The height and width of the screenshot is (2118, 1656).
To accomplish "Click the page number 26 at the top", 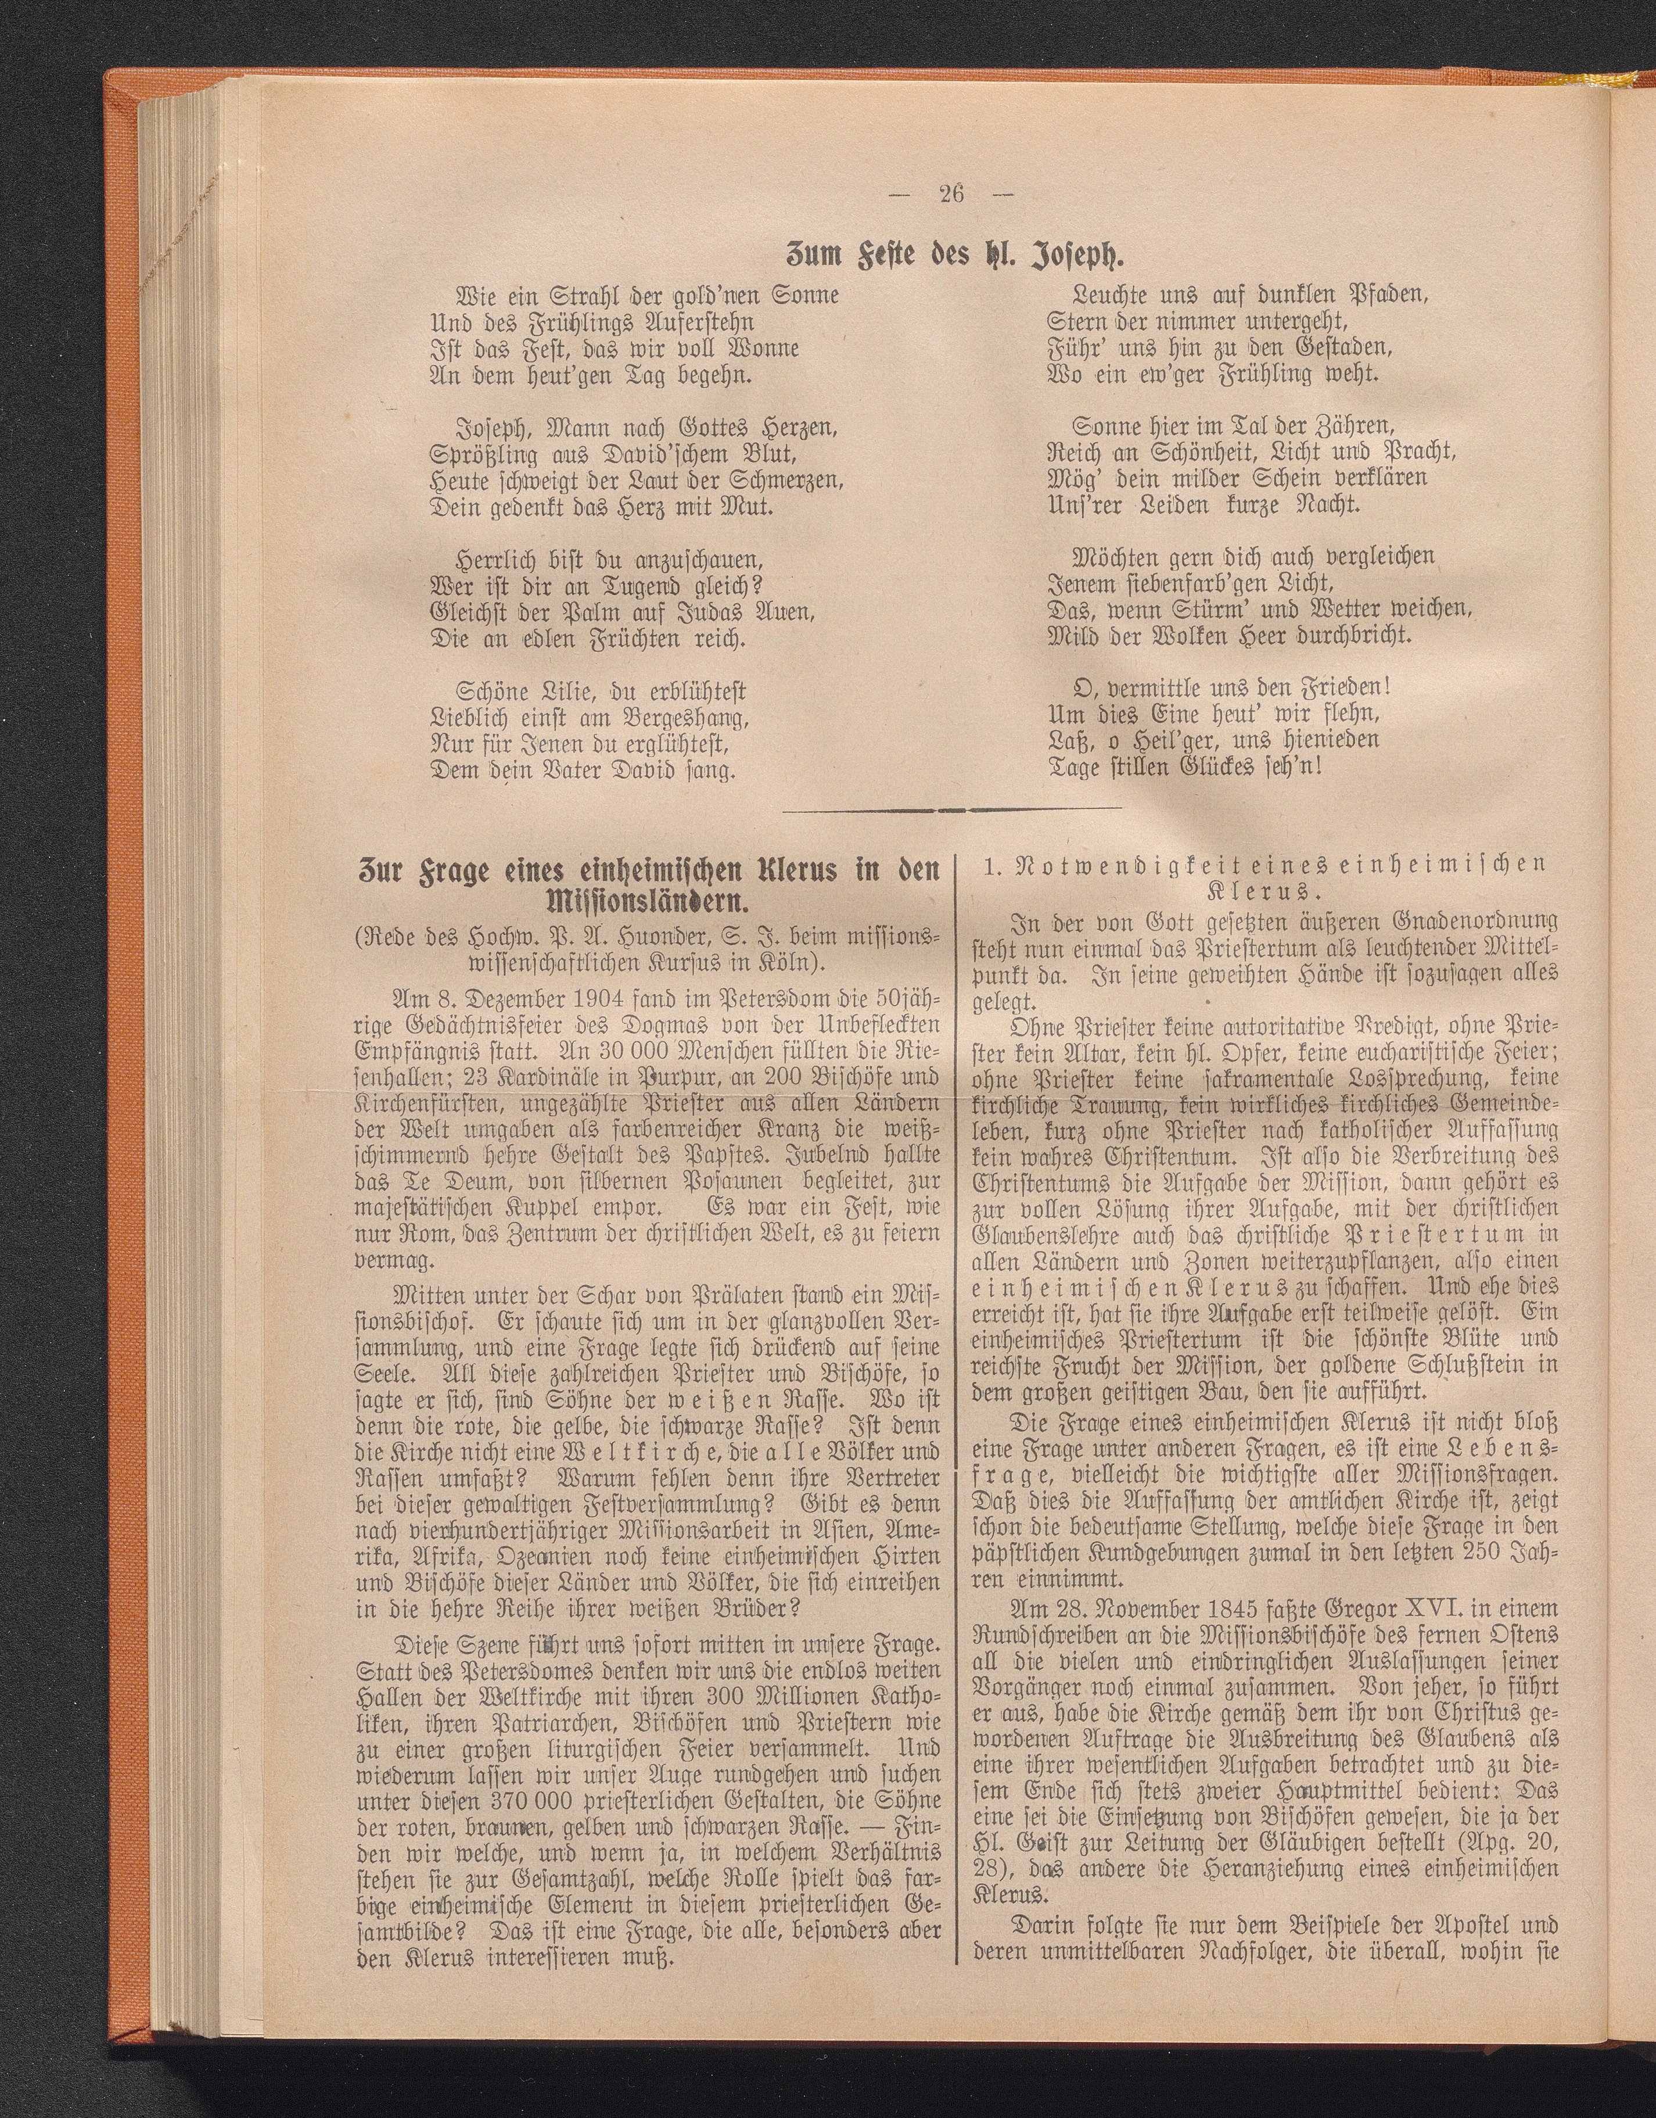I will pyautogui.click(x=949, y=193).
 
